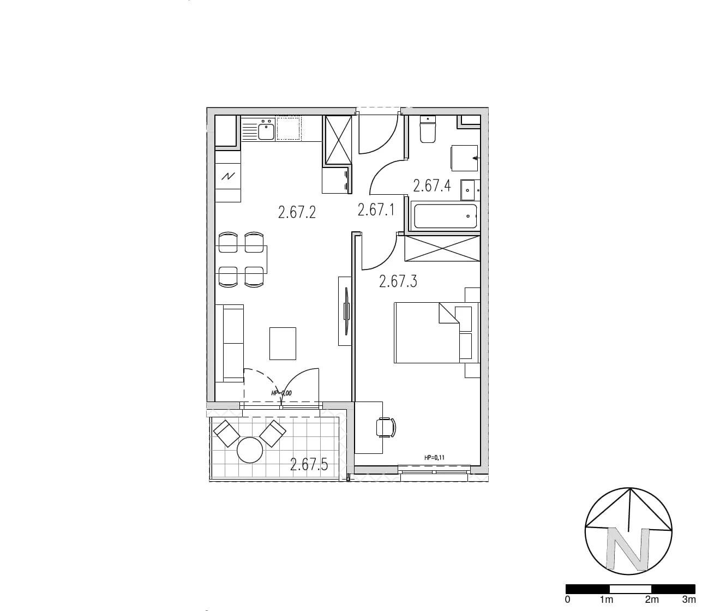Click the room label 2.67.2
click(x=297, y=212)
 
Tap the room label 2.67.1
click(x=376, y=210)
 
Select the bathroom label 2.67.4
click(x=432, y=185)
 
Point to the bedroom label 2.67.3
click(x=398, y=281)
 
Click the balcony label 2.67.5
click(x=309, y=464)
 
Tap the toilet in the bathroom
click(x=428, y=129)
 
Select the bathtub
click(x=445, y=217)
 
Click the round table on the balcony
click(x=250, y=450)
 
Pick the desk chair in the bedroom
click(x=386, y=427)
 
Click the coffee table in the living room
click(x=283, y=344)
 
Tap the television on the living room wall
click(x=346, y=311)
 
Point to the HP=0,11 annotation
click(x=434, y=458)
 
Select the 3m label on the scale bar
click(x=689, y=600)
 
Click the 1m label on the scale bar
click(x=607, y=600)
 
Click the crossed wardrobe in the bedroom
click(x=442, y=248)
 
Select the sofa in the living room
click(x=229, y=344)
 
